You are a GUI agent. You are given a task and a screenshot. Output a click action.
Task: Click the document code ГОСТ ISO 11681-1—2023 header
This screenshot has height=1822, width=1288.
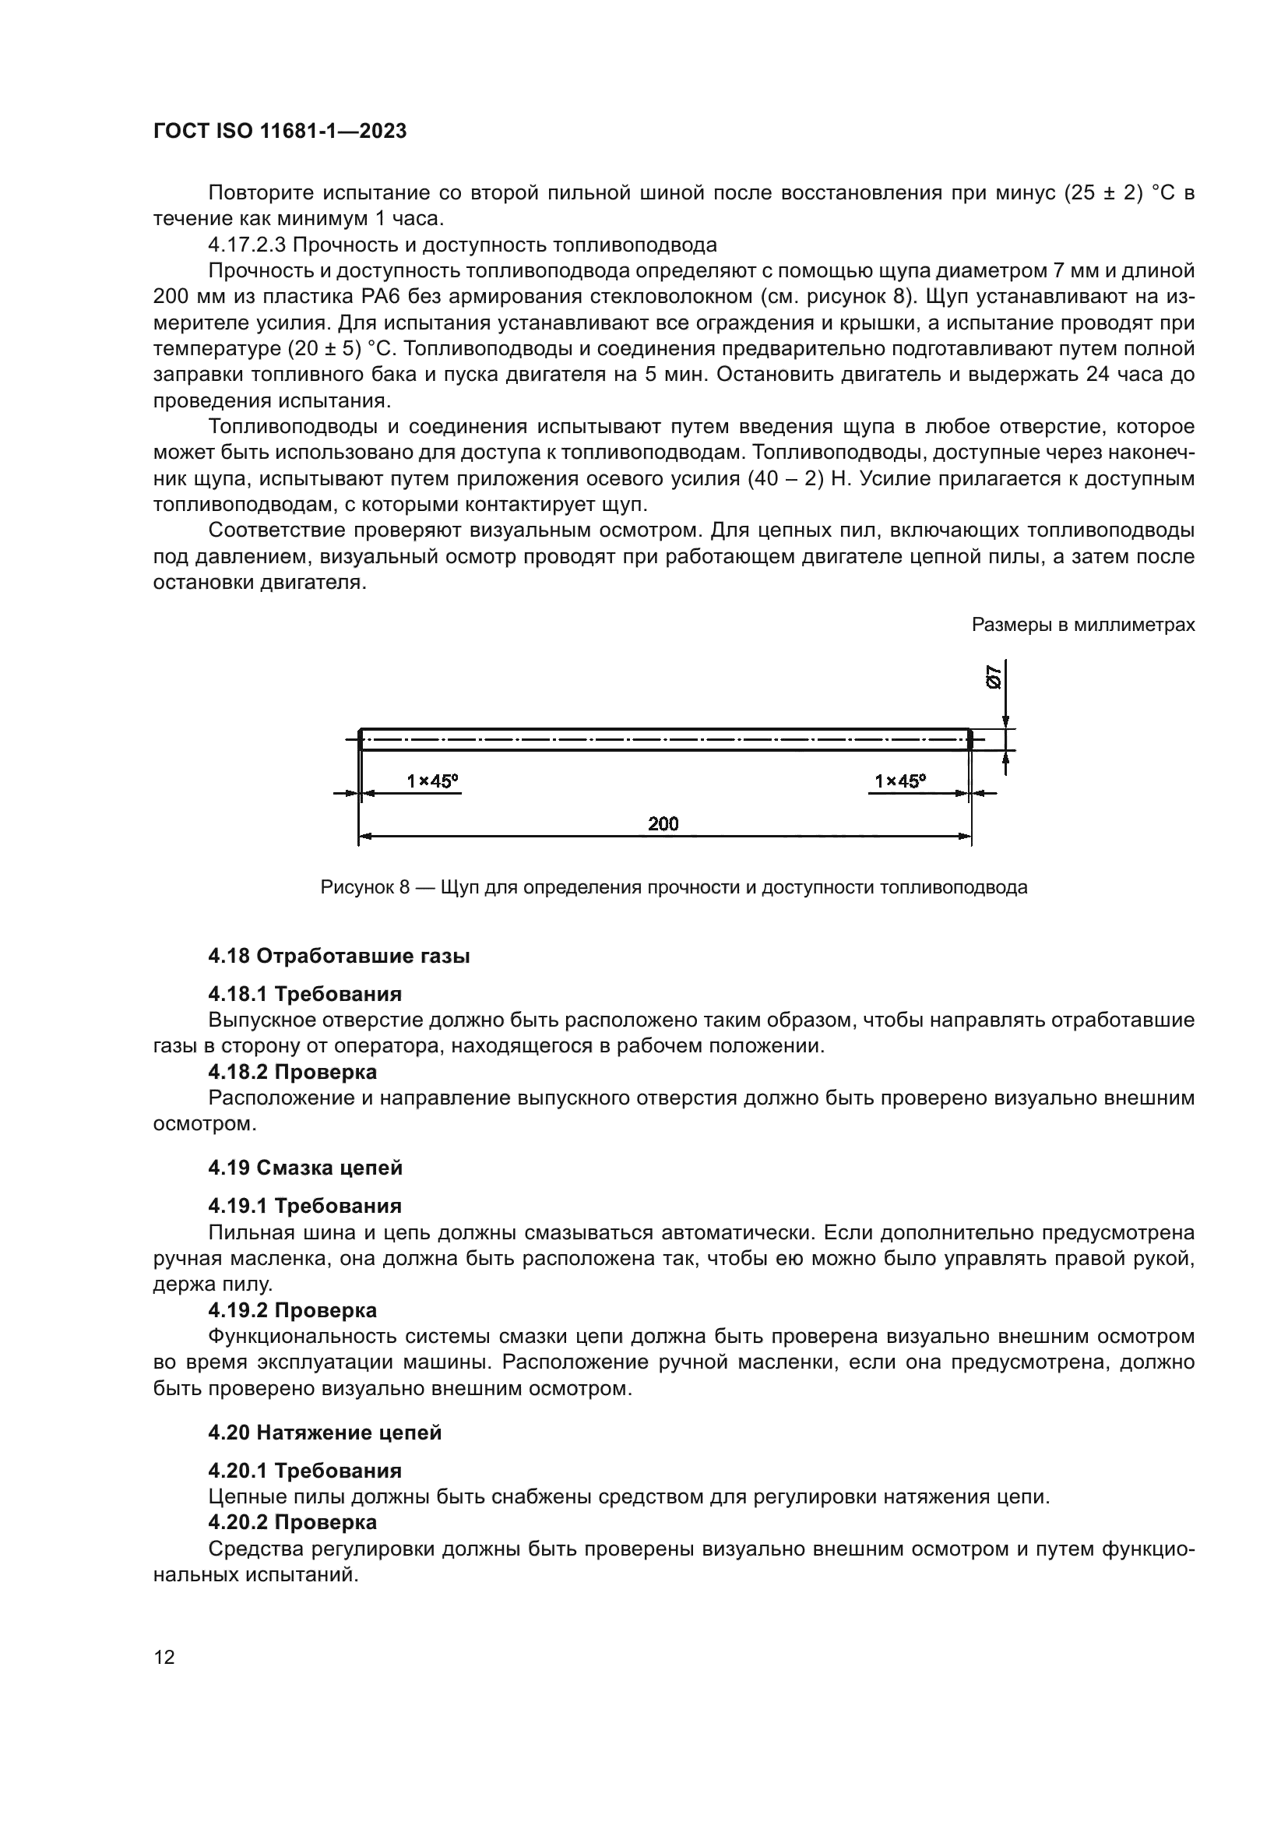click(280, 132)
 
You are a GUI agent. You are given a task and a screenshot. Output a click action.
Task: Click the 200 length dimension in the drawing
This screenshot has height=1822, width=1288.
click(663, 823)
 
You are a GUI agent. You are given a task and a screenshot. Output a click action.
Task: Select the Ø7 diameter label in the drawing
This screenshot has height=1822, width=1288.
click(994, 677)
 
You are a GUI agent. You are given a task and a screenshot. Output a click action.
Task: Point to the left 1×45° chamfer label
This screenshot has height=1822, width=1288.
click(432, 781)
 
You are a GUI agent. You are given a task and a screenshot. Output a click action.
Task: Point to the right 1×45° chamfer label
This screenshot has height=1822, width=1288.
click(900, 781)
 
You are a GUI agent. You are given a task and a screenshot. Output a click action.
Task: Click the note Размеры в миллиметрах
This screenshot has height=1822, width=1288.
click(1082, 626)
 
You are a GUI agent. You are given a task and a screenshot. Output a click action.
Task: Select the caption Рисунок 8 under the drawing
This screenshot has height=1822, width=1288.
click(674, 887)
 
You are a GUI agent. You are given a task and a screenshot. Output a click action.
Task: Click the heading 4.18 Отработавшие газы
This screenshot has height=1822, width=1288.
click(339, 957)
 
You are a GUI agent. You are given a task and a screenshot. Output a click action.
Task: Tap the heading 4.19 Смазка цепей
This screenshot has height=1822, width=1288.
click(305, 1168)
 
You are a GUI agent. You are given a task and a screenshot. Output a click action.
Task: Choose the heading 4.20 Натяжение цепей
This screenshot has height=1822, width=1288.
click(325, 1433)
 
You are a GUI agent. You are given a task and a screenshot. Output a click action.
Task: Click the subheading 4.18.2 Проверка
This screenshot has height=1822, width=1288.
click(292, 1072)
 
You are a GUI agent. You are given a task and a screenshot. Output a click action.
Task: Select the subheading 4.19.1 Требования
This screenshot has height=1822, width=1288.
click(304, 1206)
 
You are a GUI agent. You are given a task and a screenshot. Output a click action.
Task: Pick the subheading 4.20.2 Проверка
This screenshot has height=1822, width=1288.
click(292, 1523)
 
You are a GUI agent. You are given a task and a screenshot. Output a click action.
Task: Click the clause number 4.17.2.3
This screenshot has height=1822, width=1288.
click(247, 245)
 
